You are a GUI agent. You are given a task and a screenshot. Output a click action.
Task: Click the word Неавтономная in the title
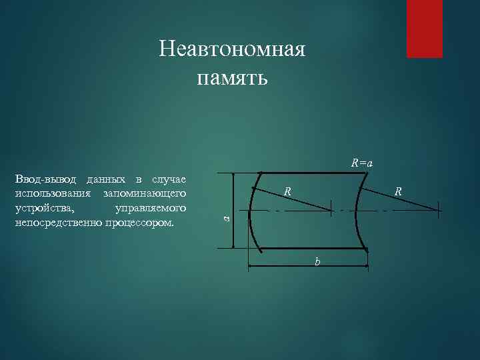[x=233, y=50]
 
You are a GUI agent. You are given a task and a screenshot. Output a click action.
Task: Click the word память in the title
[x=233, y=78]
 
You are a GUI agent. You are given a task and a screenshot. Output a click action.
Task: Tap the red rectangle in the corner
[x=425, y=29]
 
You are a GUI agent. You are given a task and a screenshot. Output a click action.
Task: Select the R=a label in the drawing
[x=362, y=163]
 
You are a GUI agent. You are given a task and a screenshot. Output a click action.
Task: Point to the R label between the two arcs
[x=287, y=192]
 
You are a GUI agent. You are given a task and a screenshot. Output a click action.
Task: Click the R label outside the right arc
[x=397, y=192]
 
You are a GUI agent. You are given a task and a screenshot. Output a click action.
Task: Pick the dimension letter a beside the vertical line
[x=226, y=218]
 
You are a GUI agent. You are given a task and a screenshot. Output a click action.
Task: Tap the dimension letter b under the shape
[x=317, y=262]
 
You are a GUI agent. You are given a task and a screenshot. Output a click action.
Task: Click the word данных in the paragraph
[x=105, y=180]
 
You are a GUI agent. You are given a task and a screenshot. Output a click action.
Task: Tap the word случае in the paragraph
[x=169, y=180]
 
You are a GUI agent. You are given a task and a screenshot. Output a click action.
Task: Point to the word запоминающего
[x=144, y=193]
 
